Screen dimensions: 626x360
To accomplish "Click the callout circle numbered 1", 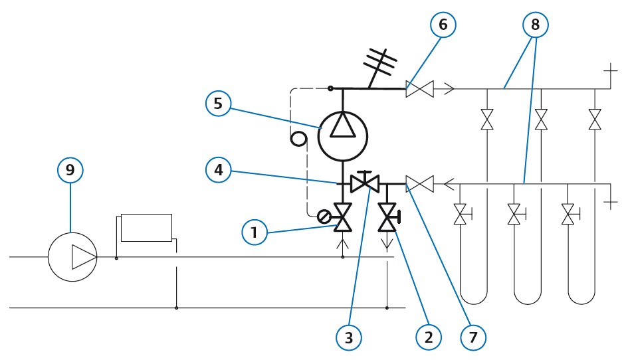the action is [x=255, y=232].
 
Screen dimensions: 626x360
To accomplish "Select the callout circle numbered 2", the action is [x=429, y=337].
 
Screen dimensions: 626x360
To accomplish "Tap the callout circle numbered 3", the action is [x=349, y=337].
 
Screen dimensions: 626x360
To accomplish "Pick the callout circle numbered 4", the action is [x=219, y=170].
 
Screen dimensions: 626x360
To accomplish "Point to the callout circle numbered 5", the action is [x=218, y=104].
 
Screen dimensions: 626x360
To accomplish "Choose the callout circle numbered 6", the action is [x=443, y=25].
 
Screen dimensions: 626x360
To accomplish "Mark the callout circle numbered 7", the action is [x=473, y=337].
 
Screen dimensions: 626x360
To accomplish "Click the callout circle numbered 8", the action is [x=536, y=25].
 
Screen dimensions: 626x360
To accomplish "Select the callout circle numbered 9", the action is [x=70, y=170].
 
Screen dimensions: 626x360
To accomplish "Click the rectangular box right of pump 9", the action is [x=146, y=228].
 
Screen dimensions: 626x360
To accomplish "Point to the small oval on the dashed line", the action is [x=298, y=139].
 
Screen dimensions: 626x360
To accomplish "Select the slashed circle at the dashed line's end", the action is [x=324, y=217].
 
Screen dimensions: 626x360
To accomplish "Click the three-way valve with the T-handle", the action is [x=364, y=183].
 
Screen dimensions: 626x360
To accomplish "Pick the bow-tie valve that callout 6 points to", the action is [x=419, y=88].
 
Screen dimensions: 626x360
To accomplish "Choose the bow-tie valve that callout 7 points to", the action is [x=419, y=184].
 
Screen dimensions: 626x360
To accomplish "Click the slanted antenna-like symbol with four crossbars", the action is [x=379, y=66].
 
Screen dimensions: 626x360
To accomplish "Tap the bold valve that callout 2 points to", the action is [x=388, y=217].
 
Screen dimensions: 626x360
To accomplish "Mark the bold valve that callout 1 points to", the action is [x=342, y=217].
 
